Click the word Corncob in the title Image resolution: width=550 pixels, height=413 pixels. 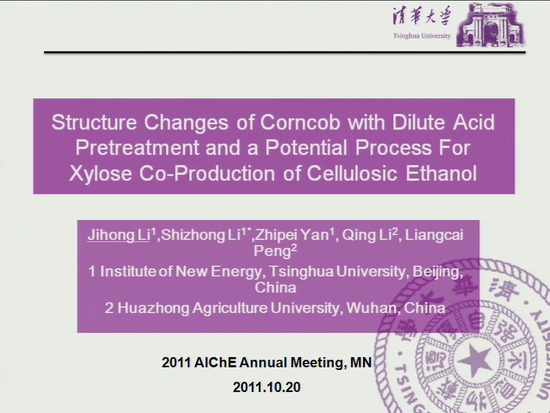coord(300,122)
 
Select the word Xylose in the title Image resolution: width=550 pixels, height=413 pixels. coord(100,174)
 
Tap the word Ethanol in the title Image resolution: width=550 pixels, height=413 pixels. coord(442,173)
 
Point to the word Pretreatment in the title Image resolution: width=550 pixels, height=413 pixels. coord(137,147)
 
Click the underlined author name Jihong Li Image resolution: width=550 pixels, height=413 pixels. coord(119,234)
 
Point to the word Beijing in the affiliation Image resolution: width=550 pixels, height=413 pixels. coord(437,272)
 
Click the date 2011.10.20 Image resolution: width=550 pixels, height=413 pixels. coord(266,387)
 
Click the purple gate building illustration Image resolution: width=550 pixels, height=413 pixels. coord(490,25)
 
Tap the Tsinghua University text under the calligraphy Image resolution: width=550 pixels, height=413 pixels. coord(422,36)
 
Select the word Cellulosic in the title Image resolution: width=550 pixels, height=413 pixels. coord(352,173)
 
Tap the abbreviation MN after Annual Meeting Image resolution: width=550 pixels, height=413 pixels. coord(361,362)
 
